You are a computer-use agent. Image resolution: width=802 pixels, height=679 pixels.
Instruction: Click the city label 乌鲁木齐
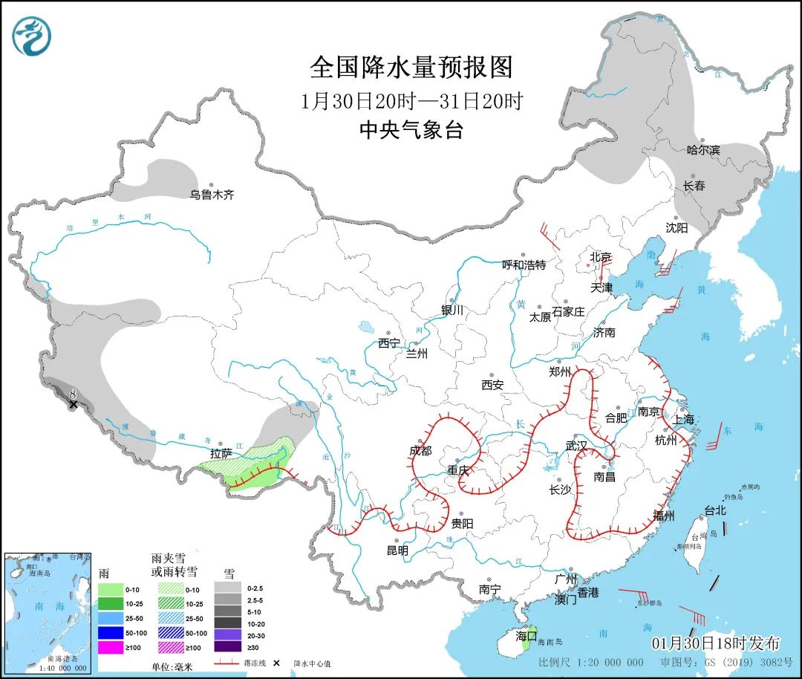(x=212, y=195)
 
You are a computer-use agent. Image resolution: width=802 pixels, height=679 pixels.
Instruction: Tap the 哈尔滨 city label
(x=702, y=150)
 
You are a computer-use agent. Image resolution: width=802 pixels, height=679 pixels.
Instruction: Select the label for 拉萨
(x=221, y=452)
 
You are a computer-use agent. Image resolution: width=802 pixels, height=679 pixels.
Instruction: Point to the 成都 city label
(x=420, y=451)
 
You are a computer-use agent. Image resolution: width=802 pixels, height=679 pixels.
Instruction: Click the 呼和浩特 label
(x=524, y=264)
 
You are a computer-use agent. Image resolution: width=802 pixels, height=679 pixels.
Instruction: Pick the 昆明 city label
(x=397, y=550)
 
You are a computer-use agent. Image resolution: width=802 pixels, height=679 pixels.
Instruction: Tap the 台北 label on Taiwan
(x=714, y=510)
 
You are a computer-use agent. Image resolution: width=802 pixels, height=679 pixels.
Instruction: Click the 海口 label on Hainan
(x=526, y=636)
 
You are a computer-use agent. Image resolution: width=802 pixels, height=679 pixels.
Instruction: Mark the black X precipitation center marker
(x=73, y=404)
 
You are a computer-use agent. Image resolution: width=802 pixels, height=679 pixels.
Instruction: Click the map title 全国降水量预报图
(x=411, y=68)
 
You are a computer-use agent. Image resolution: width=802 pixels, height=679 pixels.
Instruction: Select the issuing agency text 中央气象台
(x=411, y=131)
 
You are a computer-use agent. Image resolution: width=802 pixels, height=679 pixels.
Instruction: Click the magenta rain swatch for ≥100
(x=111, y=646)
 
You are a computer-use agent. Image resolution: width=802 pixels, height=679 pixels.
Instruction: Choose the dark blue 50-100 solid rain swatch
(x=111, y=632)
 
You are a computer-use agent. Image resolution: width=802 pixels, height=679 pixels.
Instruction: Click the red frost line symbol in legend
(x=230, y=663)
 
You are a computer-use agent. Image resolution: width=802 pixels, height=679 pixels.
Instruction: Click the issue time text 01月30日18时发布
(x=716, y=643)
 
